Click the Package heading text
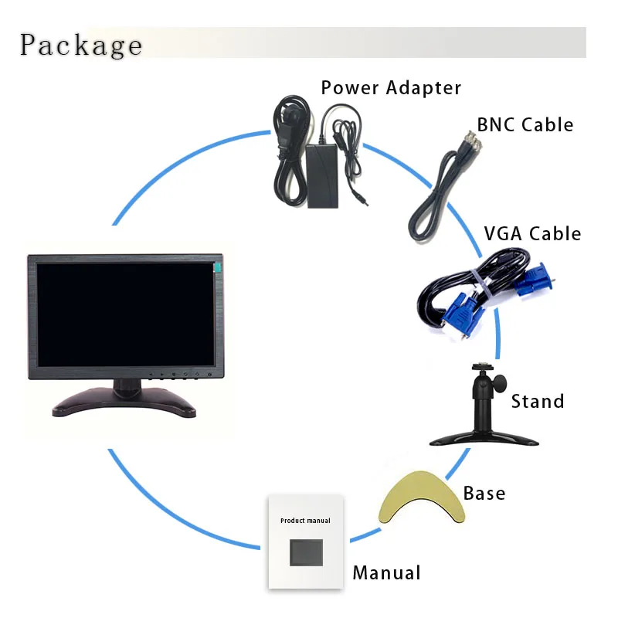(81, 45)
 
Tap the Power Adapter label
(391, 88)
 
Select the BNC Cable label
(525, 124)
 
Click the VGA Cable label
(531, 233)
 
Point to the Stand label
(538, 402)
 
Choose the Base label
(484, 493)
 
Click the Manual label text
(386, 573)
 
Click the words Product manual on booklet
(305, 521)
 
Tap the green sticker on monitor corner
(218, 267)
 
